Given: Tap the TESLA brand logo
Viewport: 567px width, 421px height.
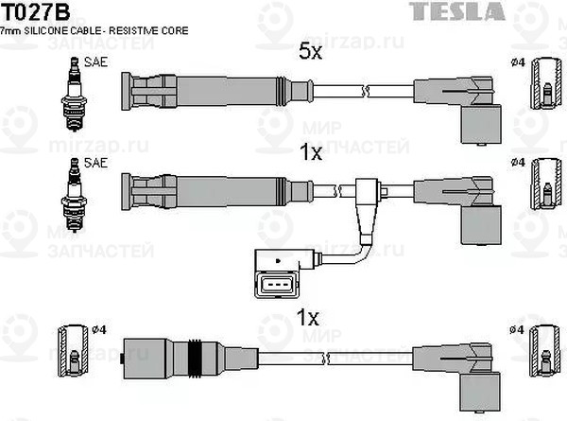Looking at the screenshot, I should [x=523, y=11].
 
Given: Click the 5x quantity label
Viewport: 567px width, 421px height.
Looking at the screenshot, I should [x=310, y=53].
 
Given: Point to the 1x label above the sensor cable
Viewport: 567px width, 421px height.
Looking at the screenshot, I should [x=310, y=151].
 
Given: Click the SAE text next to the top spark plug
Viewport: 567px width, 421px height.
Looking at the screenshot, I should [x=95, y=63].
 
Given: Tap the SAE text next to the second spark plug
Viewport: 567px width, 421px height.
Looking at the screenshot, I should [x=95, y=163].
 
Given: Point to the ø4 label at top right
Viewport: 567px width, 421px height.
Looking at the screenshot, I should [x=517, y=63].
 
